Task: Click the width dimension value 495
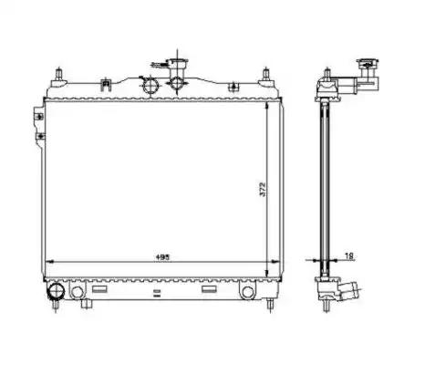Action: coord(162,257)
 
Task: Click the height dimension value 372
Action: coord(263,189)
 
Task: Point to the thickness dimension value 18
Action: coord(349,256)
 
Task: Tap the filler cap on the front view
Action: coord(178,63)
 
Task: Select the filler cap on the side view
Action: coord(368,64)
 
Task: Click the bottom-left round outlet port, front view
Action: coord(57,291)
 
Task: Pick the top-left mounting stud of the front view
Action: coord(58,75)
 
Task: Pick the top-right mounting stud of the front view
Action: coord(266,75)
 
